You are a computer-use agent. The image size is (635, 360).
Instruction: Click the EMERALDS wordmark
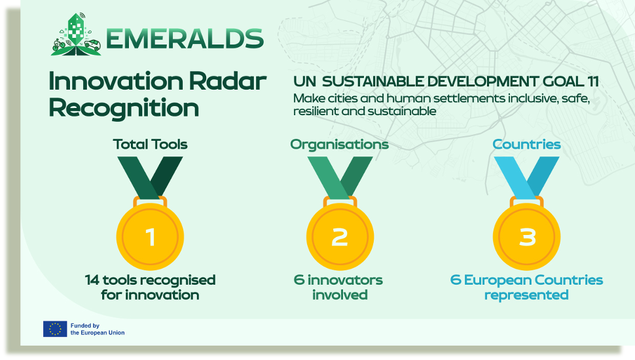tap(185, 39)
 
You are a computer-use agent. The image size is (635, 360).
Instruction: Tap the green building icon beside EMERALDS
tap(76, 34)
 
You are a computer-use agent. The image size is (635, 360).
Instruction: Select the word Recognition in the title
tap(124, 107)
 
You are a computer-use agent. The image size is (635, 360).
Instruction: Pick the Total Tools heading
tap(150, 144)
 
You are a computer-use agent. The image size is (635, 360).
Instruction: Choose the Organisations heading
tap(339, 144)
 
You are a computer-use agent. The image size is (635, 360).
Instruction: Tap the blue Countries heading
tap(526, 144)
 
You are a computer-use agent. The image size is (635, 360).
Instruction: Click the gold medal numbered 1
tap(150, 236)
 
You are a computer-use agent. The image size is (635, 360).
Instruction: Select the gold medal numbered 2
tap(340, 236)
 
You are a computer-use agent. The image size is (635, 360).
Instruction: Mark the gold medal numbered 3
tap(527, 236)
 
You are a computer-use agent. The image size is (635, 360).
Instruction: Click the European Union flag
tap(55, 329)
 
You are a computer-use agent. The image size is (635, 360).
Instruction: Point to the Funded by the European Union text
tap(98, 329)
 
